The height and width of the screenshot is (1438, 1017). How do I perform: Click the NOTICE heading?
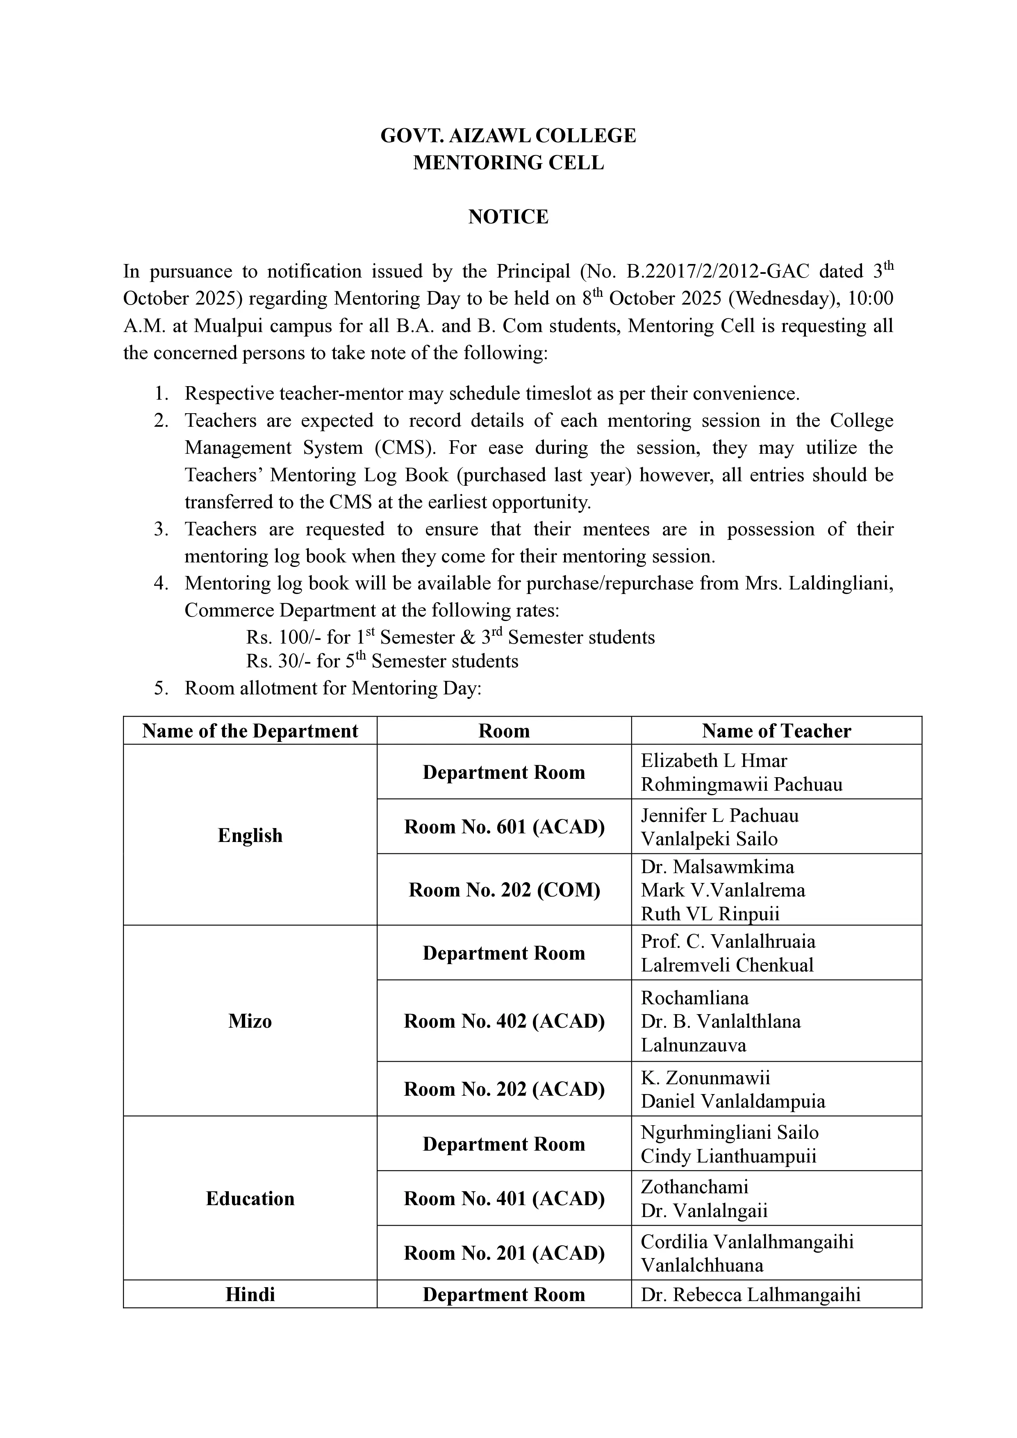coord(508,217)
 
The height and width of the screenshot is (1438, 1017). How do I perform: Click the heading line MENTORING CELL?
coord(508,163)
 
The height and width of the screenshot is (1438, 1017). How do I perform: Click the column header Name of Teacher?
coord(776,731)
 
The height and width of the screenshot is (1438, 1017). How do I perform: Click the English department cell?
coord(250,835)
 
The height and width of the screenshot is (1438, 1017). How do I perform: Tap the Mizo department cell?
coord(250,1022)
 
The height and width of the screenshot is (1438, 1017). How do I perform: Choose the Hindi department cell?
coord(250,1295)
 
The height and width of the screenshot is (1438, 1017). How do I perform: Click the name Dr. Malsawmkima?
coord(717,867)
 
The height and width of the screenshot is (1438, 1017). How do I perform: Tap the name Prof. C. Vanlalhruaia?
coord(728,942)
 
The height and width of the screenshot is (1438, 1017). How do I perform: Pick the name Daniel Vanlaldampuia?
coord(733,1102)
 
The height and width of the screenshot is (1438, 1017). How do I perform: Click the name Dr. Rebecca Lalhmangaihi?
coord(750,1295)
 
